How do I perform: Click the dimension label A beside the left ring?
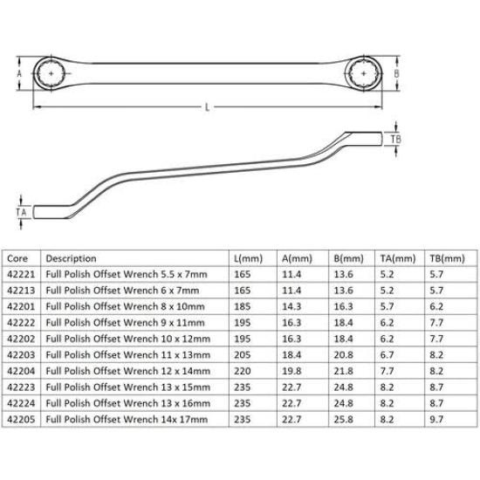coord(19,73)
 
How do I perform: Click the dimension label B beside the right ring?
coord(396,73)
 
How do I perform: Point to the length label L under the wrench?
coord(207,107)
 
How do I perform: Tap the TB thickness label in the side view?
coord(396,140)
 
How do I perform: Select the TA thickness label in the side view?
coord(21,212)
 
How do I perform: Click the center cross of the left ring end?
coord(51,73)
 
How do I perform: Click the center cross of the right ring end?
coord(363,73)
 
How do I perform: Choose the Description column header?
coord(71,258)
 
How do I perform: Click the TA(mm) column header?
coord(398,258)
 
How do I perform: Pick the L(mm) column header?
coord(248,258)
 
